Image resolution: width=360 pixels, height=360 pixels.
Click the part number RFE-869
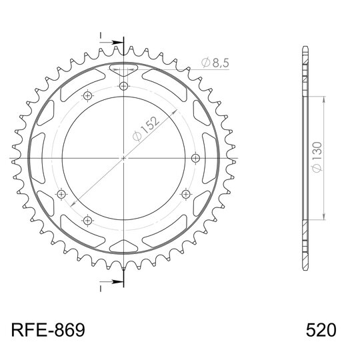[48, 330]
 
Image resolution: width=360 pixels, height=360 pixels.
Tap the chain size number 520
[321, 330]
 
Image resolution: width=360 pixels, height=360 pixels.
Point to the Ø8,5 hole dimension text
[215, 63]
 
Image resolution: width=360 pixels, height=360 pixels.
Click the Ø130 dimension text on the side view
[317, 157]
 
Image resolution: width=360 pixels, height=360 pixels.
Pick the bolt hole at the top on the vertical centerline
[123, 86]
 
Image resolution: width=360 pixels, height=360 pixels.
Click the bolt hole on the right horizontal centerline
[195, 158]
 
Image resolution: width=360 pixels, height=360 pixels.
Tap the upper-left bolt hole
[87, 95]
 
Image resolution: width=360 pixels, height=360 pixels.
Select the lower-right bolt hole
[185, 194]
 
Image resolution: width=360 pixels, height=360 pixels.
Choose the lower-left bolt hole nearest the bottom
[87, 221]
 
